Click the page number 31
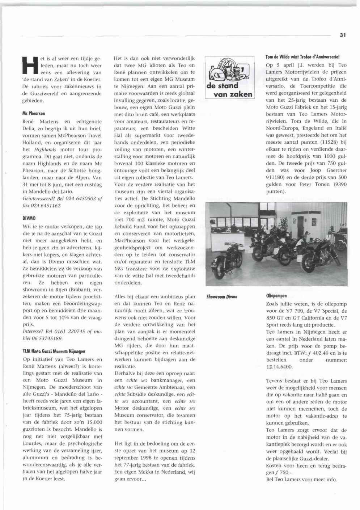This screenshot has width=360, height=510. click(343, 35)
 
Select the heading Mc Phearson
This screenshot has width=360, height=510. click(34, 113)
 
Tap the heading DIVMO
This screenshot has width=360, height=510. click(29, 218)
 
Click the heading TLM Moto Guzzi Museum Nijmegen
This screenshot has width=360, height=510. click(54, 351)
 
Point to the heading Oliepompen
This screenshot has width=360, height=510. click(276, 296)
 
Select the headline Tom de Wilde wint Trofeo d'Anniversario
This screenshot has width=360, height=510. click(302, 57)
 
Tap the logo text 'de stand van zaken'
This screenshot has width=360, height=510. click(229, 90)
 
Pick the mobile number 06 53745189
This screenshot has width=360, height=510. click(47, 338)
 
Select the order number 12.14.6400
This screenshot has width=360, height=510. click(280, 367)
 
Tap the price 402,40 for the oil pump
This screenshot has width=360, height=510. click(324, 353)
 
